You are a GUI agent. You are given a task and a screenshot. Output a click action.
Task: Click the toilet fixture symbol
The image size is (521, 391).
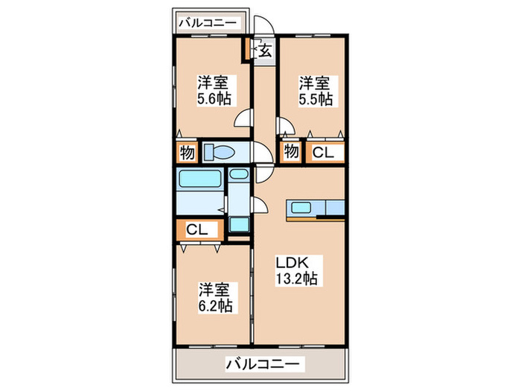point(219,153)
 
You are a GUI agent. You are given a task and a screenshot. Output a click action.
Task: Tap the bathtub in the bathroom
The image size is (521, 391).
point(200,179)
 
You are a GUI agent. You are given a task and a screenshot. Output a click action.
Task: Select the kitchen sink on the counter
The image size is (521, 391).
point(301,208)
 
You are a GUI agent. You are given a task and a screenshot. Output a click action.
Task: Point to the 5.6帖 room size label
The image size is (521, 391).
point(214,99)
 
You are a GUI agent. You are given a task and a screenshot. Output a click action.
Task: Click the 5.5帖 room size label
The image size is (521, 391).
point(316,99)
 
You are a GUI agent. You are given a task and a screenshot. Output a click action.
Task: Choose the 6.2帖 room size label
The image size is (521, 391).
point(215,306)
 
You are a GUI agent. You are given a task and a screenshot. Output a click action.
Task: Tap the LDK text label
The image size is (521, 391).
point(293,263)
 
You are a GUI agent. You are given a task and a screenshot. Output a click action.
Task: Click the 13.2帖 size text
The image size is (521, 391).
point(296,279)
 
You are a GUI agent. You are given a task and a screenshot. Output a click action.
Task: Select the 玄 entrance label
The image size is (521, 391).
point(265,51)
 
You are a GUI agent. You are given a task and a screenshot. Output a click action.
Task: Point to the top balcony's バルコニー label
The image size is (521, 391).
point(208,23)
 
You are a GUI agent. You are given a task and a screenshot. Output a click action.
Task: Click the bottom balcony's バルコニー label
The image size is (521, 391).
point(263,364)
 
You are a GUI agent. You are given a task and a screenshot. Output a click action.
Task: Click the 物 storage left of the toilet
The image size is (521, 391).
point(188,153)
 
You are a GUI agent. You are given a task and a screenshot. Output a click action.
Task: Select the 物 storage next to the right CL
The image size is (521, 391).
point(291,152)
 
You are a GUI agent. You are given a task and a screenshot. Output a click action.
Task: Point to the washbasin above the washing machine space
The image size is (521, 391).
point(239,174)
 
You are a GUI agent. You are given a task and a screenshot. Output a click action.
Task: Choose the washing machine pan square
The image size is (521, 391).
point(239,224)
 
